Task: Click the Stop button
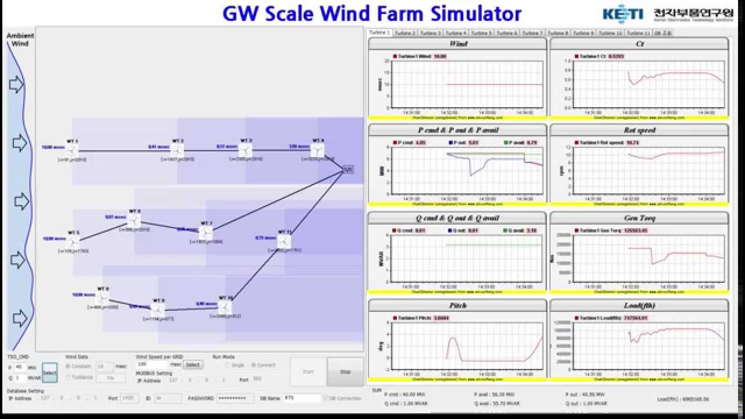pyautogui.click(x=345, y=371)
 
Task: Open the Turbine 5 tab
pyautogui.click(x=481, y=33)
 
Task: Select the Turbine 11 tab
pyautogui.click(x=638, y=33)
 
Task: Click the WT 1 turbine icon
pyautogui.click(x=73, y=151)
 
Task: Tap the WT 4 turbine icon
pyautogui.click(x=317, y=150)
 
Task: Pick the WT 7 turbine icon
pyautogui.click(x=205, y=233)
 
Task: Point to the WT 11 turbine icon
pyautogui.click(x=284, y=241)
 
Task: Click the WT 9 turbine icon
pyautogui.click(x=158, y=310)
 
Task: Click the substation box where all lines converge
pyautogui.click(x=347, y=169)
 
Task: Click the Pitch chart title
pyautogui.click(x=457, y=306)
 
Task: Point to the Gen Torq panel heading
pyautogui.click(x=639, y=218)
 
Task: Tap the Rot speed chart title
pyautogui.click(x=639, y=130)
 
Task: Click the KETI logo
pyautogui.click(x=623, y=14)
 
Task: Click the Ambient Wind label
pyautogui.click(x=20, y=40)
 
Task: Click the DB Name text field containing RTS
pyautogui.click(x=302, y=398)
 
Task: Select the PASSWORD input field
pyautogui.click(x=235, y=398)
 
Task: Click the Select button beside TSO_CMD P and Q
pyautogui.click(x=49, y=372)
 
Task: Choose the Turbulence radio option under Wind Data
pyautogui.click(x=68, y=377)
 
